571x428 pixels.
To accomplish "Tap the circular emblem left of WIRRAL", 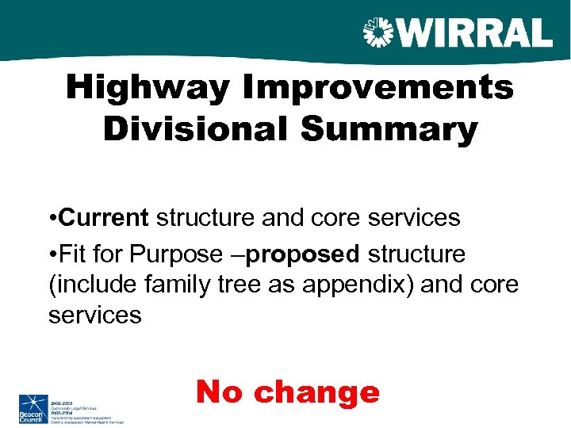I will [x=378, y=33].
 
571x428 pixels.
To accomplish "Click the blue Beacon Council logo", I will [x=33, y=408].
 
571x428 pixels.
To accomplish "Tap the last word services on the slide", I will [x=95, y=315].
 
